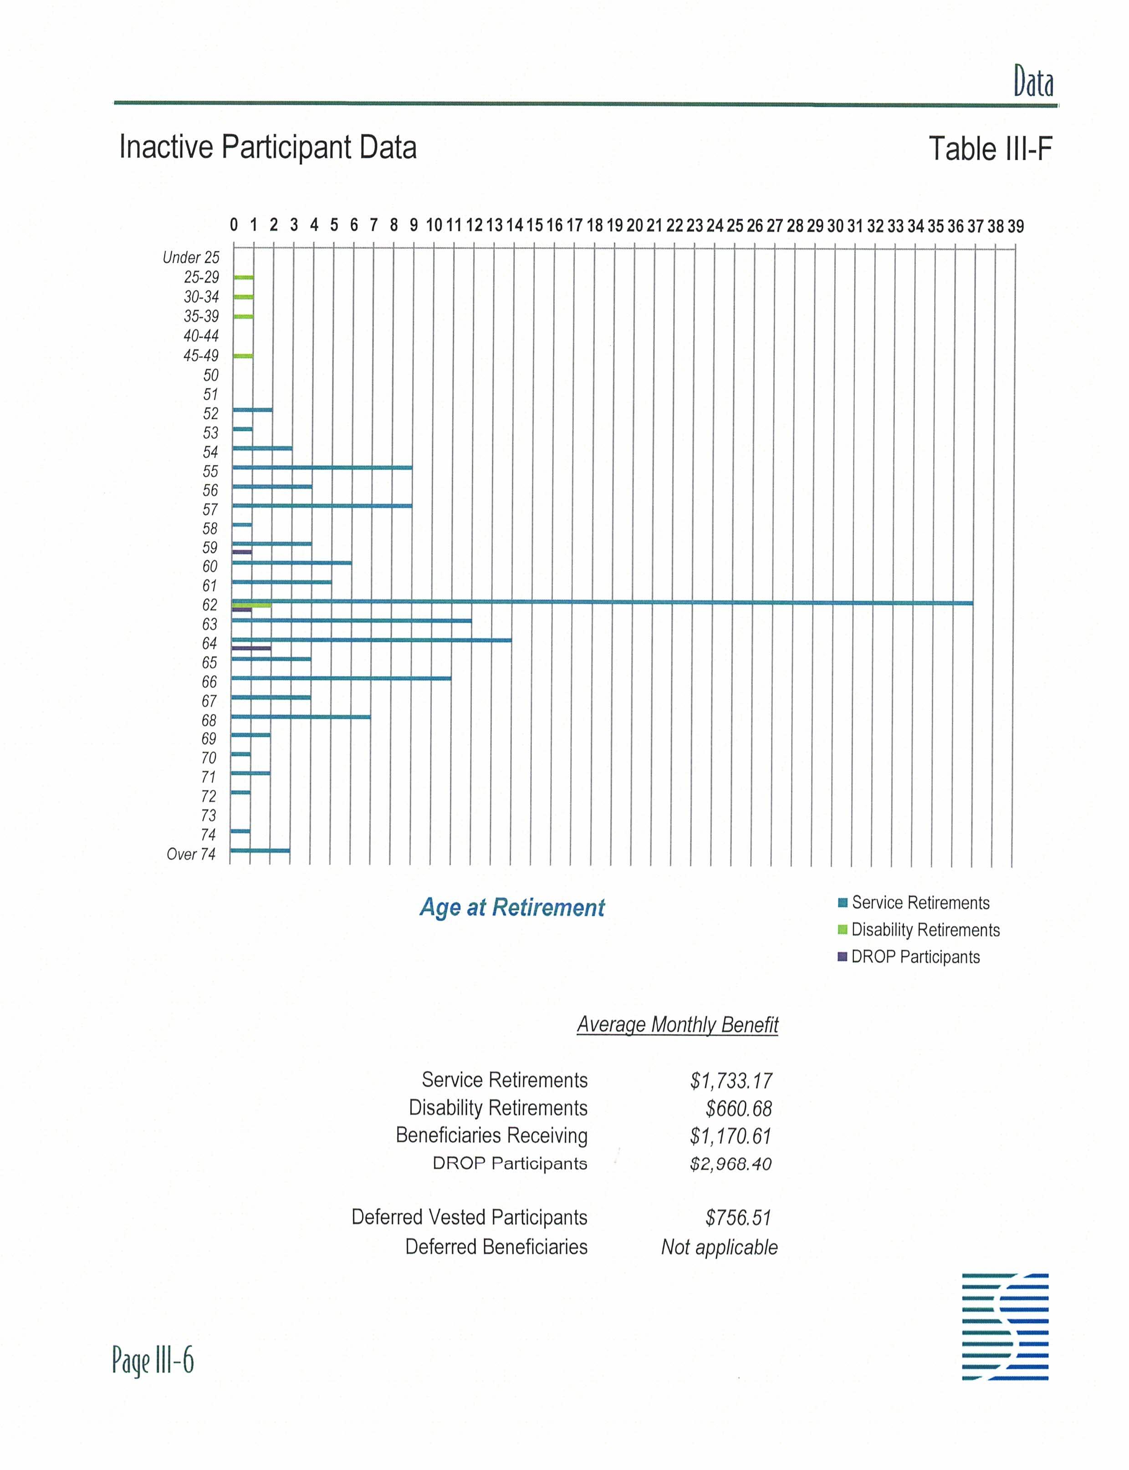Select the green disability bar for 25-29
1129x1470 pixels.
coord(243,277)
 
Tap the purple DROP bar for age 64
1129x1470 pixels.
coord(250,648)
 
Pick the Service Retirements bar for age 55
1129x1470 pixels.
coord(322,467)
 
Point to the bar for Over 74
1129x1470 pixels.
coord(260,850)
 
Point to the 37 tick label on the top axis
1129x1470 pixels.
coord(975,226)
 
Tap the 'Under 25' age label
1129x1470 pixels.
coord(191,257)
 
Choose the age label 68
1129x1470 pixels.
coord(209,720)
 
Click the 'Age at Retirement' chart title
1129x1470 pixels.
coord(512,908)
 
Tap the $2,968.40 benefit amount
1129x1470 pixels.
coord(731,1164)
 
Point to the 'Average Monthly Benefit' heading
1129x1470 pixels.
coord(677,1025)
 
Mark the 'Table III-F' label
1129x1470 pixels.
coord(990,148)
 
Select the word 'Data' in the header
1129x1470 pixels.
coord(1033,82)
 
